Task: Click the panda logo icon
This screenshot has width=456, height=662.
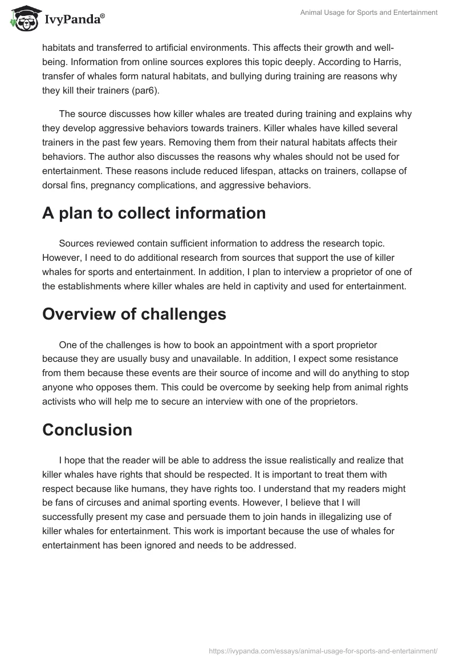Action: [23, 19]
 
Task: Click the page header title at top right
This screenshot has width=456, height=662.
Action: [369, 13]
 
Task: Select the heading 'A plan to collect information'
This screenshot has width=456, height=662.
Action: [154, 213]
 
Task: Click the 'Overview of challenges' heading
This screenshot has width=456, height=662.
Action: [134, 314]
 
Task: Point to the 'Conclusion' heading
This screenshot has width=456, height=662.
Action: [87, 430]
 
